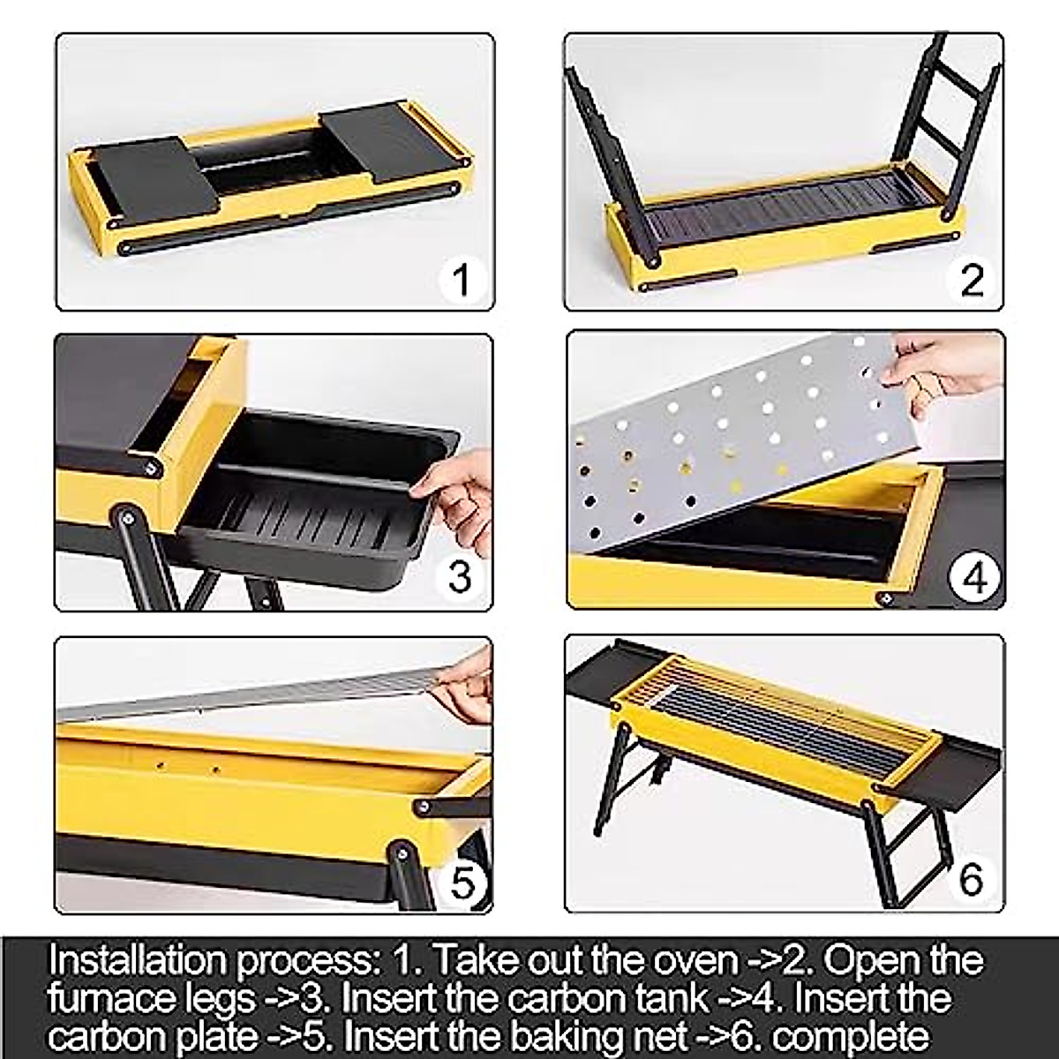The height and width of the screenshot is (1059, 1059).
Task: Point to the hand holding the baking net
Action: [x=463, y=684]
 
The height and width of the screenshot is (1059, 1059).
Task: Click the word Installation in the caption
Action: [x=137, y=959]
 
